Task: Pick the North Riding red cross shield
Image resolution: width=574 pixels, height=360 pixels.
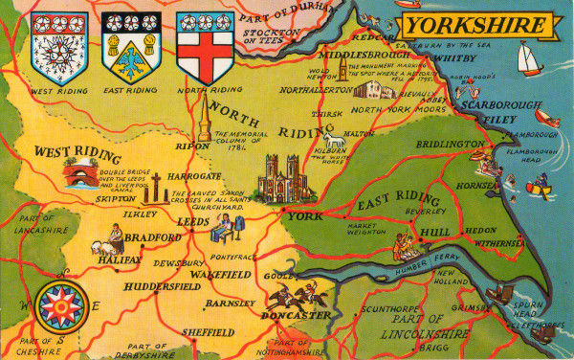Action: (x=205, y=46)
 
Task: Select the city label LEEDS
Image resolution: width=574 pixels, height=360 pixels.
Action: (x=194, y=221)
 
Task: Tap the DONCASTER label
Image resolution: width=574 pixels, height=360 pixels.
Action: (x=298, y=315)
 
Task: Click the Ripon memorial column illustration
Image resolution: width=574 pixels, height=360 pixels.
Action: (x=204, y=120)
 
